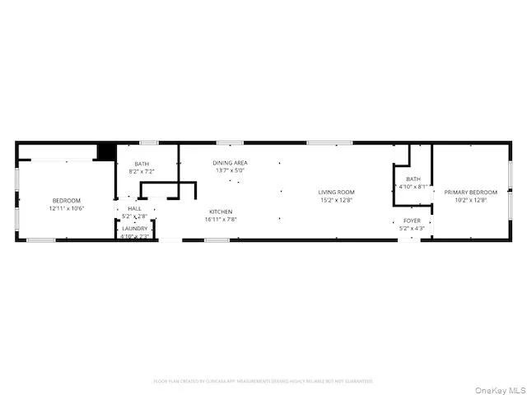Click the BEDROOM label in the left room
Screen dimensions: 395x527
[x=67, y=201]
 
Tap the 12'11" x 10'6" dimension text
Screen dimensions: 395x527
[x=67, y=208]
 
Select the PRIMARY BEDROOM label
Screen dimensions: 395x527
[x=471, y=193]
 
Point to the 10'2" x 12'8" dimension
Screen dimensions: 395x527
[x=471, y=200]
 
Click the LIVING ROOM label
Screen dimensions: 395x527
[x=336, y=193]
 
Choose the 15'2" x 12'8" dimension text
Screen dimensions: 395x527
[x=336, y=200]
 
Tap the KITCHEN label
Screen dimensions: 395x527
[x=220, y=211]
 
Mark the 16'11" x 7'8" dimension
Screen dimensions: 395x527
[x=220, y=220]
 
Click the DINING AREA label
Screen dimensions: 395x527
[x=230, y=163]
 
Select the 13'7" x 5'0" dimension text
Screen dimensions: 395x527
[x=230, y=171]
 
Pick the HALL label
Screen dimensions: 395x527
[x=134, y=209]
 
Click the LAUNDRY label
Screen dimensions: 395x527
[x=135, y=229]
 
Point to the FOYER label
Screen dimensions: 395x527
[x=412, y=221]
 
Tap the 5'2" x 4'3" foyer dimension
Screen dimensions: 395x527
[x=412, y=228]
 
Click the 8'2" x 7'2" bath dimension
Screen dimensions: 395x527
[x=142, y=171]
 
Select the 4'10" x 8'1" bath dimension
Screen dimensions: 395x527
[x=413, y=187]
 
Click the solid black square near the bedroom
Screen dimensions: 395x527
[x=106, y=152]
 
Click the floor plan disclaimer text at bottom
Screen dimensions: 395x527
[x=263, y=381]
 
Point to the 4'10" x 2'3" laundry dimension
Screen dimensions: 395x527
[x=135, y=236]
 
